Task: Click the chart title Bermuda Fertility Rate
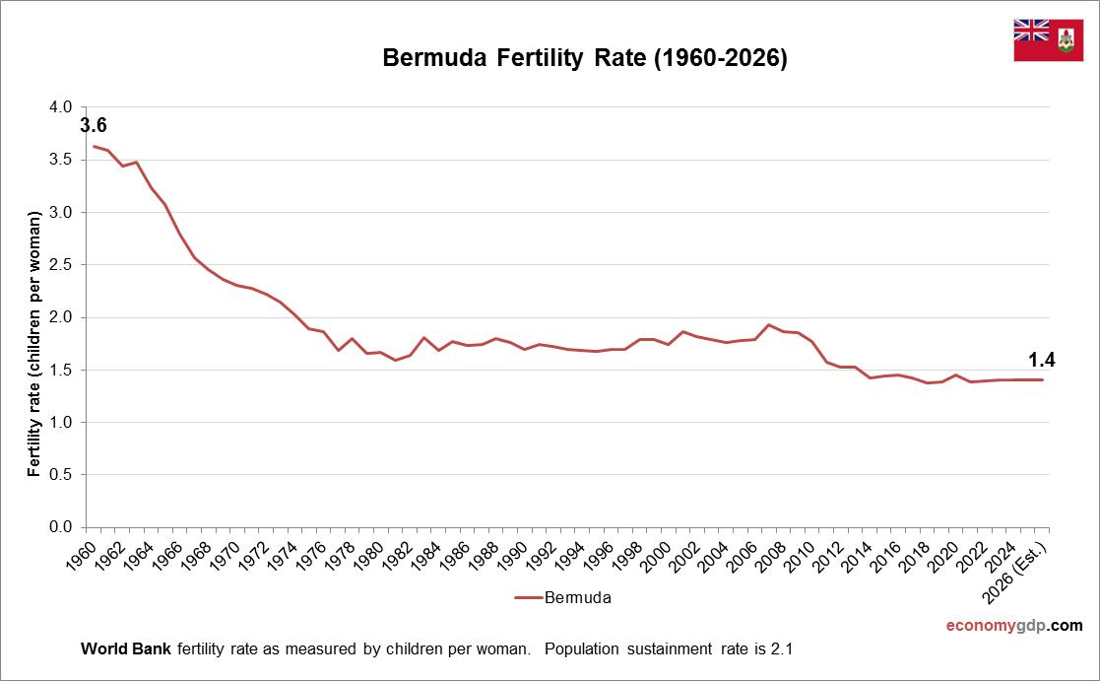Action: [x=585, y=59]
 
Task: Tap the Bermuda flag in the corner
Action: [x=1048, y=39]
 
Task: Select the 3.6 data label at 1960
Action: [x=94, y=125]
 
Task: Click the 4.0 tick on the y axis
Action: [x=61, y=106]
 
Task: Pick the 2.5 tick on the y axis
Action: [x=61, y=264]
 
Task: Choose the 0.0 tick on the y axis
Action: [x=61, y=527]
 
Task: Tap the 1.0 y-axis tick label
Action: [x=61, y=422]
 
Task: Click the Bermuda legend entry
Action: [x=563, y=597]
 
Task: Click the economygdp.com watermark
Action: [x=1013, y=626]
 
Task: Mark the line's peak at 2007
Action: [x=768, y=324]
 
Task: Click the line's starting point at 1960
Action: [x=94, y=146]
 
